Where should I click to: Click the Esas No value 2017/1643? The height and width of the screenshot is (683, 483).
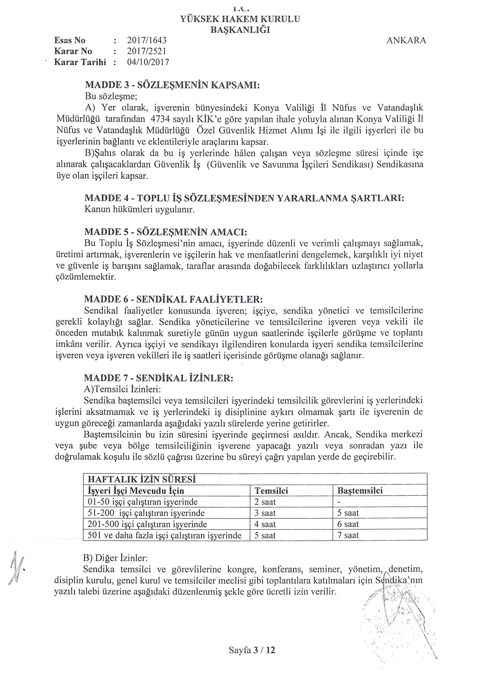147,41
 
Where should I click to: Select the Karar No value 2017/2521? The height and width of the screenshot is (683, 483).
147,51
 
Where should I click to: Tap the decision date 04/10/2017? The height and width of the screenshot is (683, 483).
148,63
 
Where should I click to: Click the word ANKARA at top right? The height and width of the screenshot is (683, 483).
406,41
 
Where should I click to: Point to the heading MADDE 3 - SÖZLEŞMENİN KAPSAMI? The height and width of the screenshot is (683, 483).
173,85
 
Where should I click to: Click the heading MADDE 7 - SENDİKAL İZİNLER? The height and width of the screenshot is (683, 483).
159,378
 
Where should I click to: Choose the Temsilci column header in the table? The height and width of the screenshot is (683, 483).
271,491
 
